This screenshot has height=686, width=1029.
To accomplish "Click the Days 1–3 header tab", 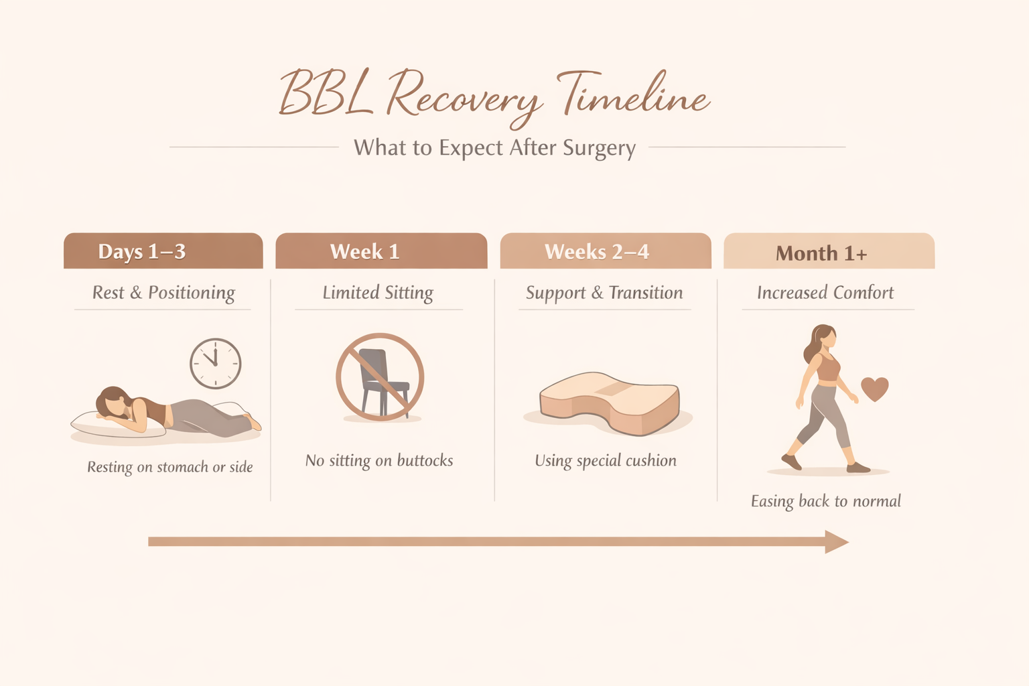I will (163, 251).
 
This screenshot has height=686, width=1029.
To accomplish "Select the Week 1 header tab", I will (381, 251).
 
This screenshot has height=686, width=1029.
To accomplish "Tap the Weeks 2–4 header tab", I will (605, 251).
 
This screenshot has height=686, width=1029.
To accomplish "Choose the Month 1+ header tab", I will (829, 252).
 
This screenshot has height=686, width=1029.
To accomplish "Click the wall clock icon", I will (215, 363).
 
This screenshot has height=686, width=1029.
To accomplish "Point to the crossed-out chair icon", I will (380, 376).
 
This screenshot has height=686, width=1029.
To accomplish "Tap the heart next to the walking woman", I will (874, 388).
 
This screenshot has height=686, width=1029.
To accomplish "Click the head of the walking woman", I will (825, 337).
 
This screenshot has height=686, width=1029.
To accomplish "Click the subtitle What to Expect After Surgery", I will (494, 148).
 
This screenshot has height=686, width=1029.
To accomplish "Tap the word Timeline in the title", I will (633, 94).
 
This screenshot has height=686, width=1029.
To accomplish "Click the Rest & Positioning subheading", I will (163, 293).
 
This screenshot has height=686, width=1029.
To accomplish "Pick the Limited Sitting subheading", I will (378, 293).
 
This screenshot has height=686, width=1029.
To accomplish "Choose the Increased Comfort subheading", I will (825, 293).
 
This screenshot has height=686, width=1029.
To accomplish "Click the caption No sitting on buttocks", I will (379, 460).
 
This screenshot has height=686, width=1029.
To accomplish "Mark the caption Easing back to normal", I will (825, 501).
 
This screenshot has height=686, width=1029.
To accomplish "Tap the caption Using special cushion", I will (606, 460).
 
